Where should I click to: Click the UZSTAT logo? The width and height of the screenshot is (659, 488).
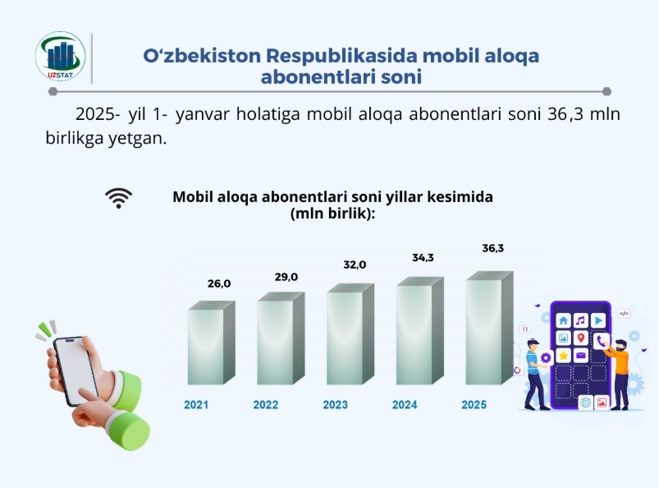pyautogui.click(x=60, y=57)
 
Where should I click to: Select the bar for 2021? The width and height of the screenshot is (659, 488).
pyautogui.click(x=211, y=343)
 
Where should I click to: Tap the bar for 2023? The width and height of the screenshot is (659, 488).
pyautogui.click(x=350, y=334)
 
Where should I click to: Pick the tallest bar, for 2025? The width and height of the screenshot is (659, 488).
pyautogui.click(x=489, y=328)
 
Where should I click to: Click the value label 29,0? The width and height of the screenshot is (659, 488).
pyautogui.click(x=286, y=277)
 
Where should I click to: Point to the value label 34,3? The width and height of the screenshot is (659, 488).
pyautogui.click(x=423, y=258)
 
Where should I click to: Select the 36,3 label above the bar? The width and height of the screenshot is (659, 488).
pyautogui.click(x=493, y=248)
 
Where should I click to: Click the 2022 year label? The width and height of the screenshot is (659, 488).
pyautogui.click(x=266, y=405)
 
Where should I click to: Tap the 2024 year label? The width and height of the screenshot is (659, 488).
pyautogui.click(x=405, y=405)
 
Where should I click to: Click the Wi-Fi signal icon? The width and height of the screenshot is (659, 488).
pyautogui.click(x=118, y=198)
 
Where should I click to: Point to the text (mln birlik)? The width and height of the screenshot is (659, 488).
pyautogui.click(x=333, y=214)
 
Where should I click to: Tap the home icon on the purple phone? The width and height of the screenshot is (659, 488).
pyautogui.click(x=563, y=320)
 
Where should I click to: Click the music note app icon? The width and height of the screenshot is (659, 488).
pyautogui.click(x=581, y=320)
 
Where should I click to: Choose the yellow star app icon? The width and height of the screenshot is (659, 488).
pyautogui.click(x=563, y=356)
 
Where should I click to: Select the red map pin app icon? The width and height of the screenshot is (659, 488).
pyautogui.click(x=581, y=338)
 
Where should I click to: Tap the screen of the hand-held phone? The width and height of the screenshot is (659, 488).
pyautogui.click(x=76, y=371)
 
